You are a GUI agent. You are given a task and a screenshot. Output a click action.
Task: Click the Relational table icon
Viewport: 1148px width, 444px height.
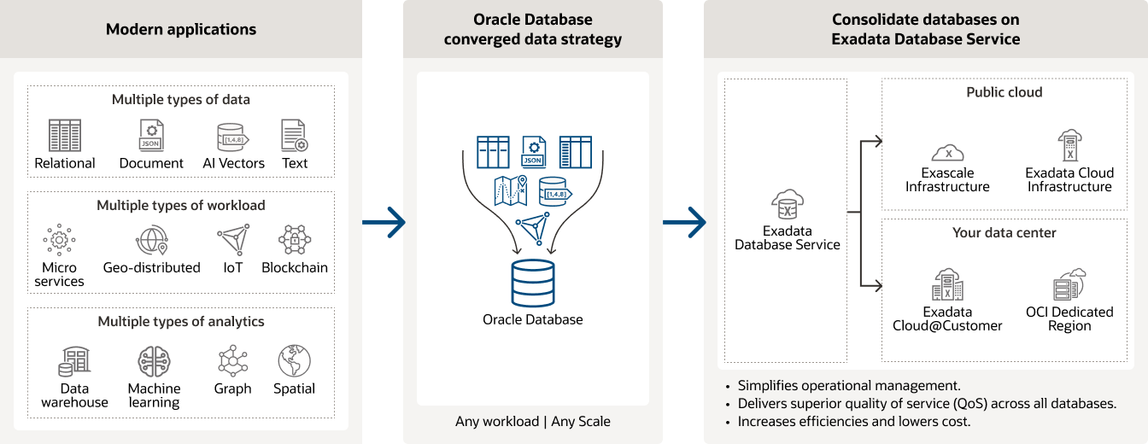coord(65,136)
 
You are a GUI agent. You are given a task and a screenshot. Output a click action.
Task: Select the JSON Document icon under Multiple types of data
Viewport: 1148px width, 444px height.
coord(151,136)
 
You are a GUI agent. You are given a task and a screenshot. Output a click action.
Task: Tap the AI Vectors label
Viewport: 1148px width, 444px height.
coord(233,163)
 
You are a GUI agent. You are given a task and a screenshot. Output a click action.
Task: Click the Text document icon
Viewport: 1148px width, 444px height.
coord(294,136)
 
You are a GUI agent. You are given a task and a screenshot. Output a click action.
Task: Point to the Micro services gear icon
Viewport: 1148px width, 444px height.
coord(59,241)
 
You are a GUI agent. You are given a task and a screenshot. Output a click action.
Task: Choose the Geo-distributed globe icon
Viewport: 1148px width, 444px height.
coord(151,241)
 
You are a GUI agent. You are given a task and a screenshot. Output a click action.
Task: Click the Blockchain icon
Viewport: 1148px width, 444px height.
coord(295,241)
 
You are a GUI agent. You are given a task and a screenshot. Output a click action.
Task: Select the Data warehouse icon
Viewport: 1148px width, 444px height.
coord(74,362)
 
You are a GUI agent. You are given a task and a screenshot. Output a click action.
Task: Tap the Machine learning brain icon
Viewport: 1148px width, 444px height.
coord(155,362)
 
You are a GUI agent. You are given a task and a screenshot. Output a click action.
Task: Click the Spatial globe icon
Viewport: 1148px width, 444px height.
coord(294,361)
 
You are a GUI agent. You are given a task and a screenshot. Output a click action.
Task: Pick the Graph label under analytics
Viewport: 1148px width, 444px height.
coord(232,388)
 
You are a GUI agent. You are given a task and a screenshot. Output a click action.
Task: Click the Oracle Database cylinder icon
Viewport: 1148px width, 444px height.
coord(532,283)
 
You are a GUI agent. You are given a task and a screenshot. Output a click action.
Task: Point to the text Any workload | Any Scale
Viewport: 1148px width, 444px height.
coord(533,421)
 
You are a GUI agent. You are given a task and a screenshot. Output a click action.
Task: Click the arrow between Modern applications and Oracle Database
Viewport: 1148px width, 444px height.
coord(384,223)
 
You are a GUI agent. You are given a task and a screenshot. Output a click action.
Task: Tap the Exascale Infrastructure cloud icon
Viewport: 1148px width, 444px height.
coord(947,153)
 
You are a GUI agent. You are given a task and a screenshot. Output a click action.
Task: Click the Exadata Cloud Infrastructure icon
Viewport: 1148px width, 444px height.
coord(1069,146)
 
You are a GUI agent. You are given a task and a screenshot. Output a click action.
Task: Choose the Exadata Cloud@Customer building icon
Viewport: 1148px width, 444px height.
coord(947,285)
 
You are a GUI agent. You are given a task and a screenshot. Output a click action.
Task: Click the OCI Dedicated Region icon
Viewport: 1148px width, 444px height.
coord(1069,285)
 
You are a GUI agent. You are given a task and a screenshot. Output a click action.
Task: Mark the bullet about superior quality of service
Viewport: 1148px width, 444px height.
coord(927,403)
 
